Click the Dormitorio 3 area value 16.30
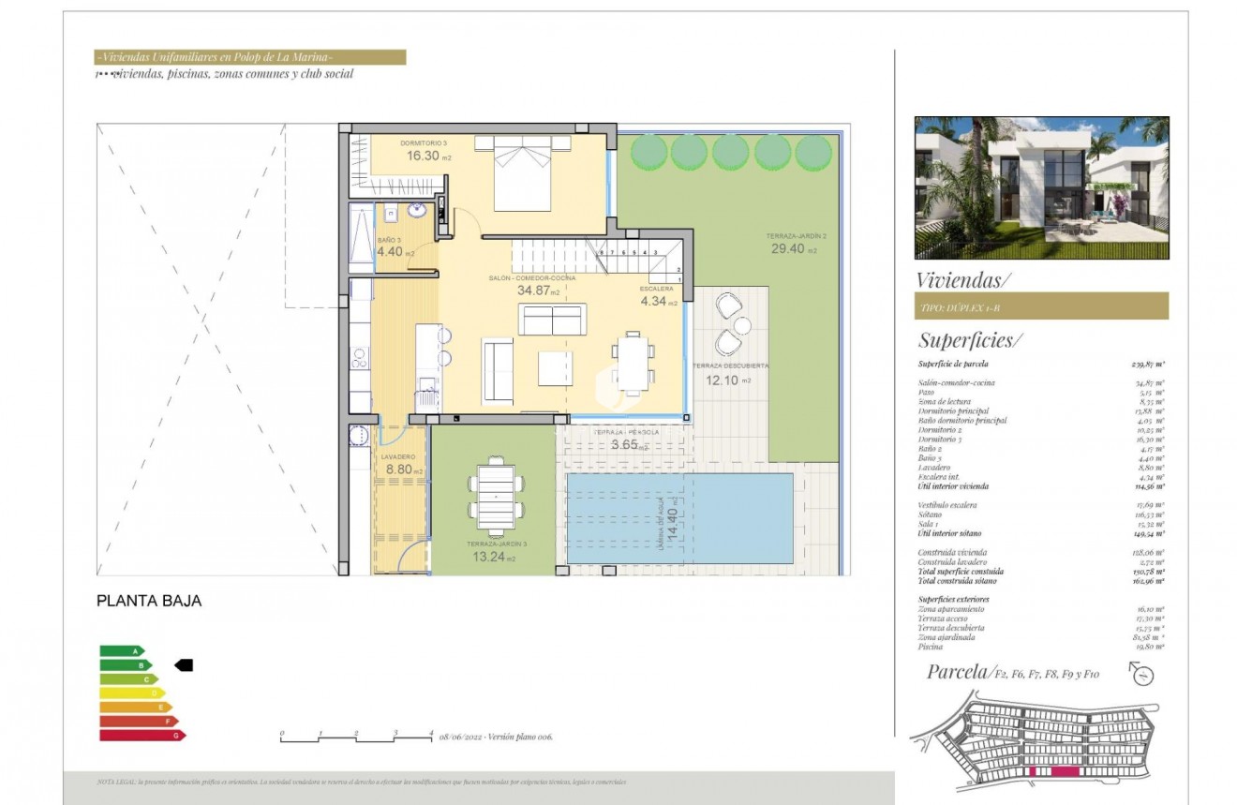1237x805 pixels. (x=423, y=157)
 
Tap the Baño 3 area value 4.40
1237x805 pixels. (x=390, y=251)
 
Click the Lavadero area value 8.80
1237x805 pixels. (x=400, y=470)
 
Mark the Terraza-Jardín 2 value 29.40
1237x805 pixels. (x=788, y=249)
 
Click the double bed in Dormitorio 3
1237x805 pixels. (x=521, y=173)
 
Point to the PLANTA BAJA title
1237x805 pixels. (x=149, y=601)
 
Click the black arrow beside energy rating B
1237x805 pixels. (x=184, y=664)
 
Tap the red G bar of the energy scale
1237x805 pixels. (x=141, y=736)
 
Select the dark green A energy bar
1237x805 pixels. (x=121, y=650)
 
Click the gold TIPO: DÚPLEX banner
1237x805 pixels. (x=1040, y=306)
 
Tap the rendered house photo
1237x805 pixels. (x=1041, y=187)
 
